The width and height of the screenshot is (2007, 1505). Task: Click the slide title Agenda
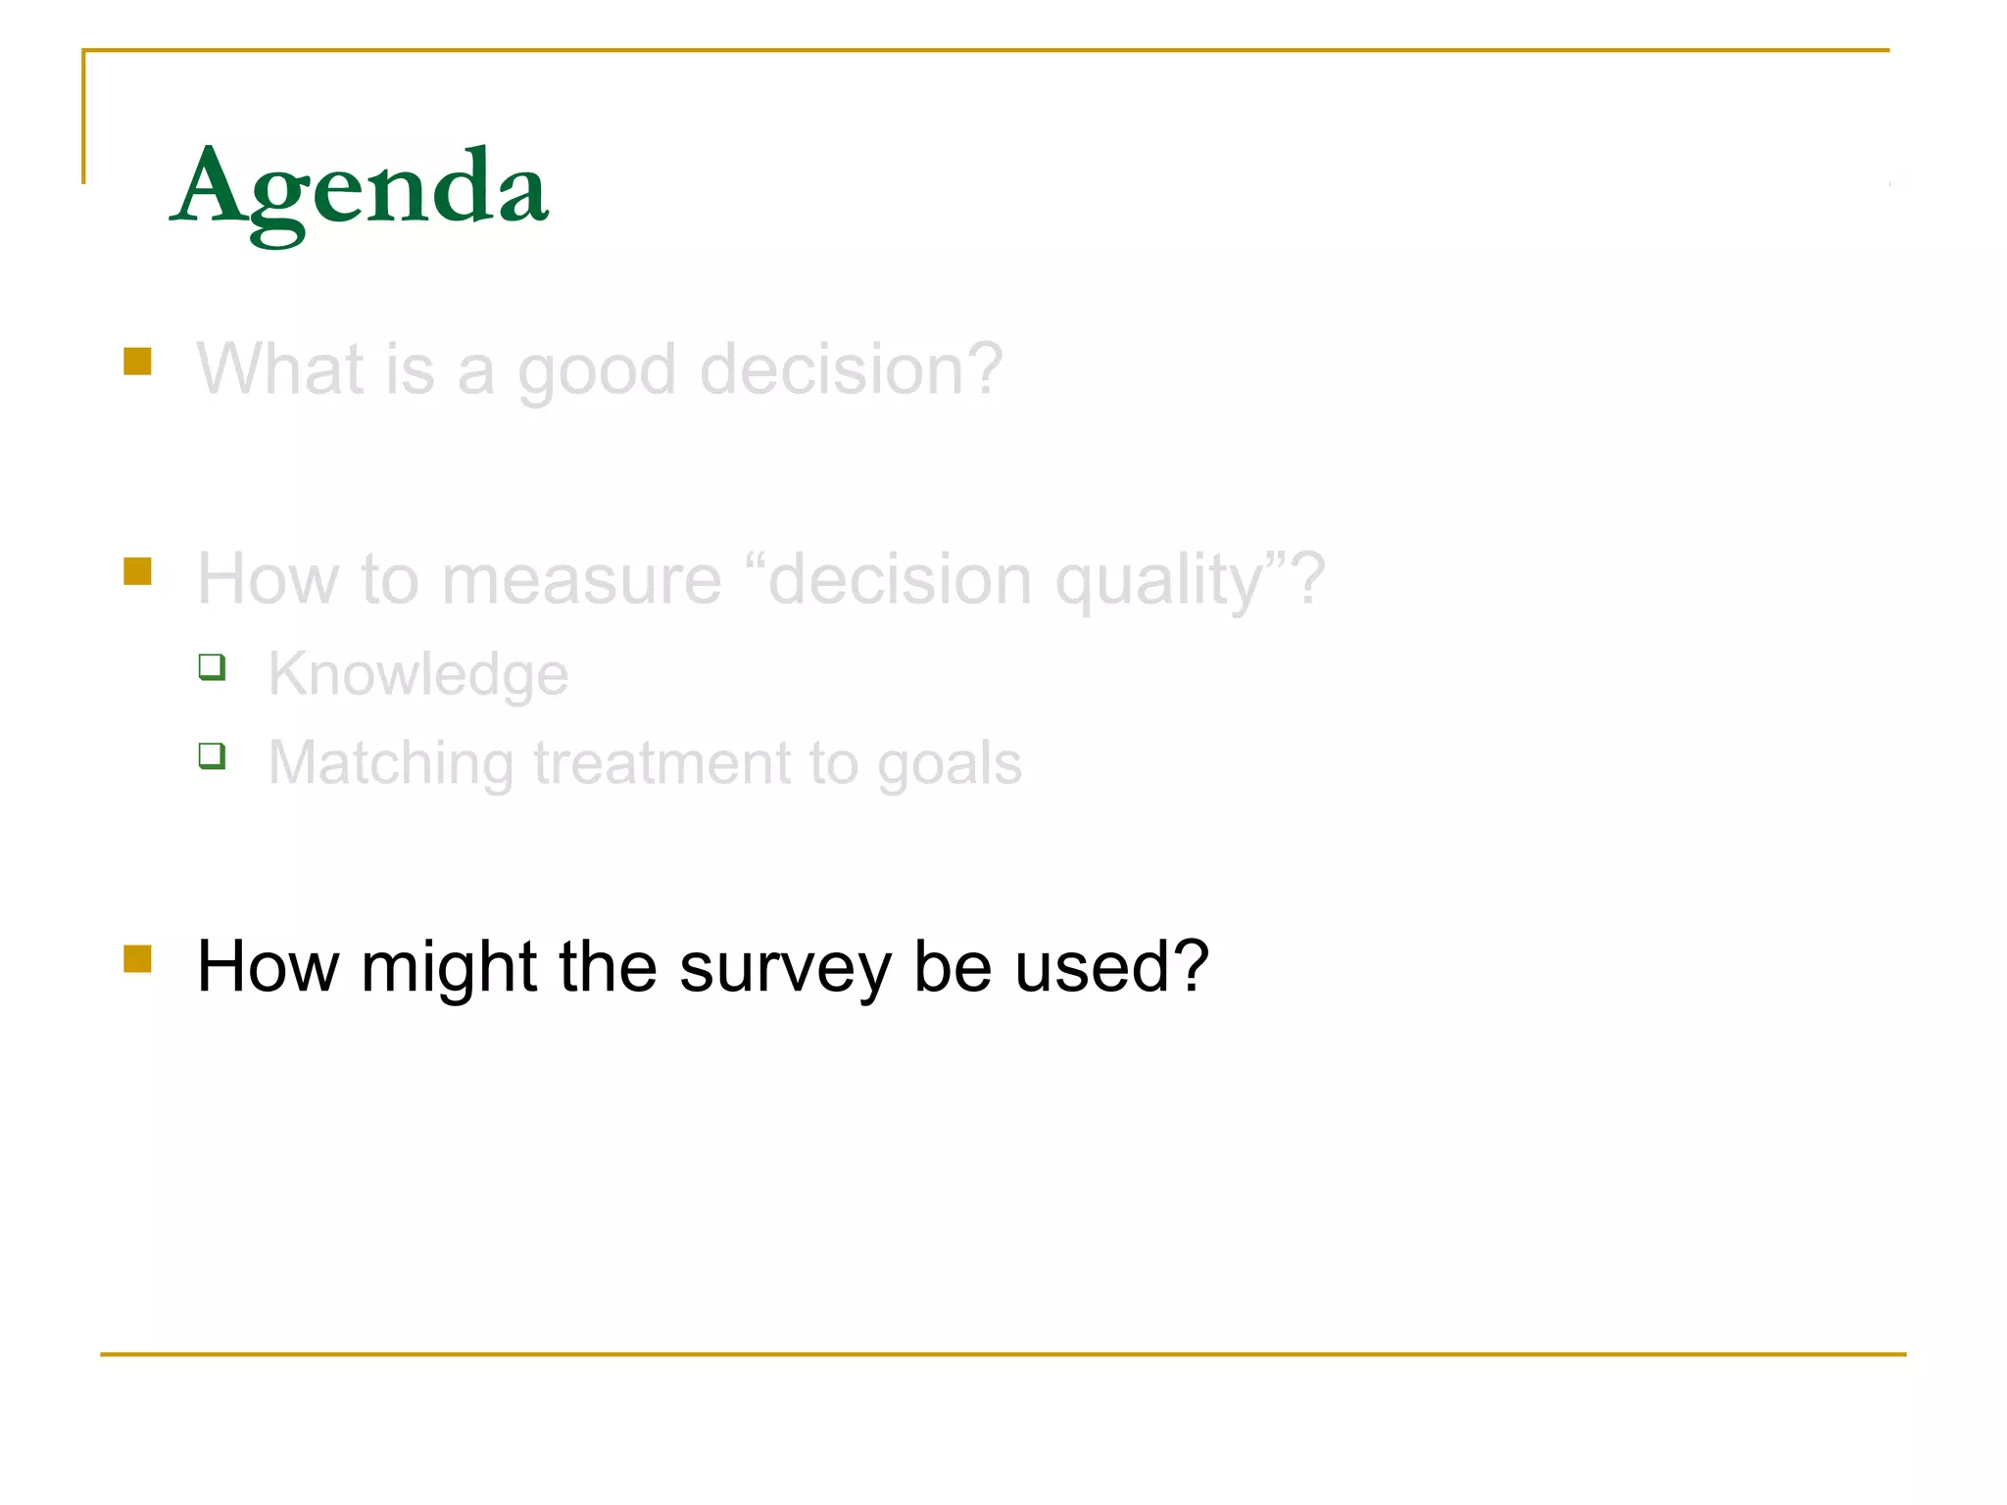[x=360, y=188]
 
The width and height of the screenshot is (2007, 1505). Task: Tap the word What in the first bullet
[x=280, y=369]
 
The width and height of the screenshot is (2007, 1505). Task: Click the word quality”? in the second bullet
[x=1190, y=581]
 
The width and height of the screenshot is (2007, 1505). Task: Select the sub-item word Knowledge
[x=418, y=674]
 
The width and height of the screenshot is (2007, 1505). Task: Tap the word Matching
[x=390, y=764]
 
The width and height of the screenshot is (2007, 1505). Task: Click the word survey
[x=785, y=968]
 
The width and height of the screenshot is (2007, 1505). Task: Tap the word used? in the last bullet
[x=1111, y=966]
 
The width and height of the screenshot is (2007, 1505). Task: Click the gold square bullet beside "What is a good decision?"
[x=138, y=362]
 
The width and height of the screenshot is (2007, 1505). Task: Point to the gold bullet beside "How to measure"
[x=138, y=571]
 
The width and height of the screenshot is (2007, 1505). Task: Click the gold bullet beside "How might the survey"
[x=138, y=958]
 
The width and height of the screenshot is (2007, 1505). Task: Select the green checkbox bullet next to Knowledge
[x=212, y=667]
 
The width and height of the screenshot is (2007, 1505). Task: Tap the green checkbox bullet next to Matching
[x=212, y=755]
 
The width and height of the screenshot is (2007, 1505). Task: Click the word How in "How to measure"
[x=268, y=579]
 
